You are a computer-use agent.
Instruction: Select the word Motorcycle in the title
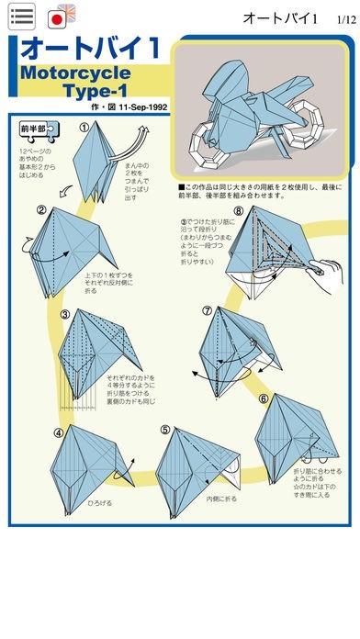[74, 73]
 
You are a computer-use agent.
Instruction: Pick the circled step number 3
[66, 315]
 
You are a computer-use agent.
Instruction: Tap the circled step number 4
[59, 432]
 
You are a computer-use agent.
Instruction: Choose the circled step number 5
[165, 429]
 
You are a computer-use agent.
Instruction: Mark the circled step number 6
[263, 398]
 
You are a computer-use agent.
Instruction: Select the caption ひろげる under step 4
[100, 504]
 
